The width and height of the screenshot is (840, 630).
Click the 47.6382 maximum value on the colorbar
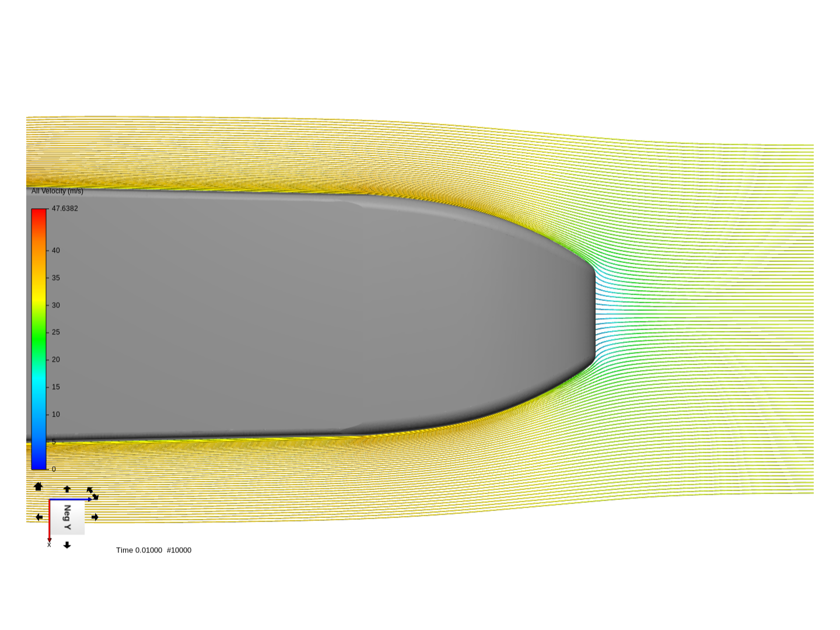click(65, 208)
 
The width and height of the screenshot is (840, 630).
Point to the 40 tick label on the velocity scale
click(56, 251)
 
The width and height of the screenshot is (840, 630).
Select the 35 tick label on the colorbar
click(56, 278)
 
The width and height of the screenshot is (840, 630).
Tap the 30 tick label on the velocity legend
click(56, 305)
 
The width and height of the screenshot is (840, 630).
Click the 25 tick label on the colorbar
click(56, 332)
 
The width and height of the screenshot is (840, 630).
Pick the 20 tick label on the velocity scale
click(56, 359)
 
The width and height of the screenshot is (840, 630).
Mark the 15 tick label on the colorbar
click(56, 387)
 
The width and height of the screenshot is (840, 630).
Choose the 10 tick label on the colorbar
click(56, 414)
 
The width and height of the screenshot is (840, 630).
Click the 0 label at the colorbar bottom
click(54, 470)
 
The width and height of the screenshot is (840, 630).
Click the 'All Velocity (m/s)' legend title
click(57, 191)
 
